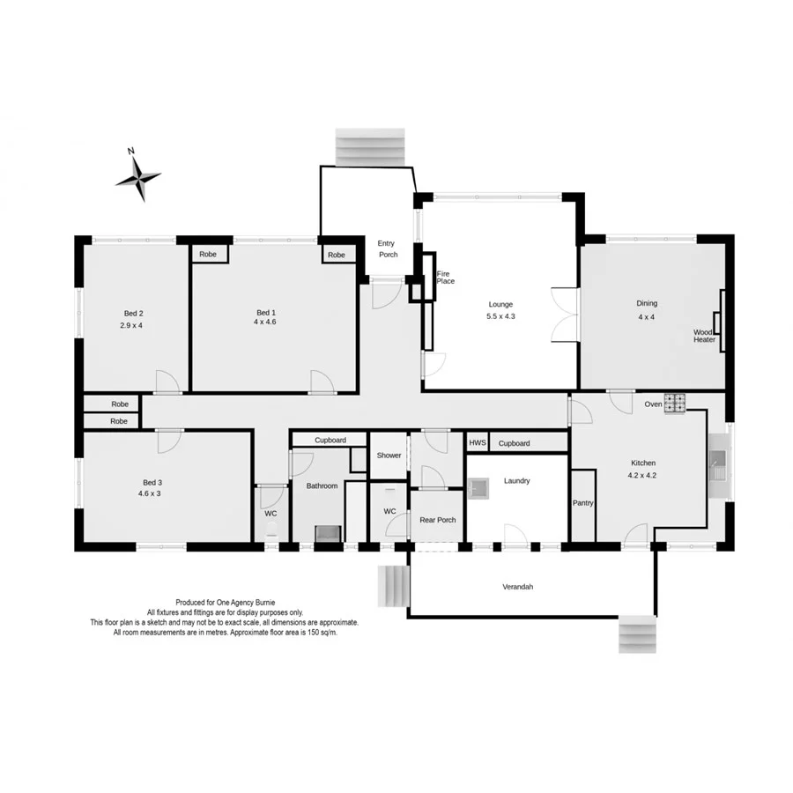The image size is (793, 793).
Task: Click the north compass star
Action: point(138,178)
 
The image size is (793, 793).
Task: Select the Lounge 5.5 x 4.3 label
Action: point(500,310)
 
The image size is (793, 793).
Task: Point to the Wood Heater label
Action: point(704,336)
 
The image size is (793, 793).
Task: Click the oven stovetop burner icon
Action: point(675,403)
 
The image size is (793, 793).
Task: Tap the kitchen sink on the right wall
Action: point(717,464)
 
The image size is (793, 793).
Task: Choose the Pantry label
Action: point(582,503)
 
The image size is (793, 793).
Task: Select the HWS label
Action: point(477,442)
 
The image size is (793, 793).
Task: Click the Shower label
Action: point(389,456)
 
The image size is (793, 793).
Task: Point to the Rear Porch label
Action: point(438,520)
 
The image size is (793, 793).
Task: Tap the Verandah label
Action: point(518,586)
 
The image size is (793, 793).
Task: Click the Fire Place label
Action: point(446,278)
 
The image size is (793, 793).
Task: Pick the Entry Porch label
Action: point(387,248)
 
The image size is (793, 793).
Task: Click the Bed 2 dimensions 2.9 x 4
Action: point(131,325)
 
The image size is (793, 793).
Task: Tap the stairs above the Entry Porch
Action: point(371,147)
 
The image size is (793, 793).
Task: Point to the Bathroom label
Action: point(322,485)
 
